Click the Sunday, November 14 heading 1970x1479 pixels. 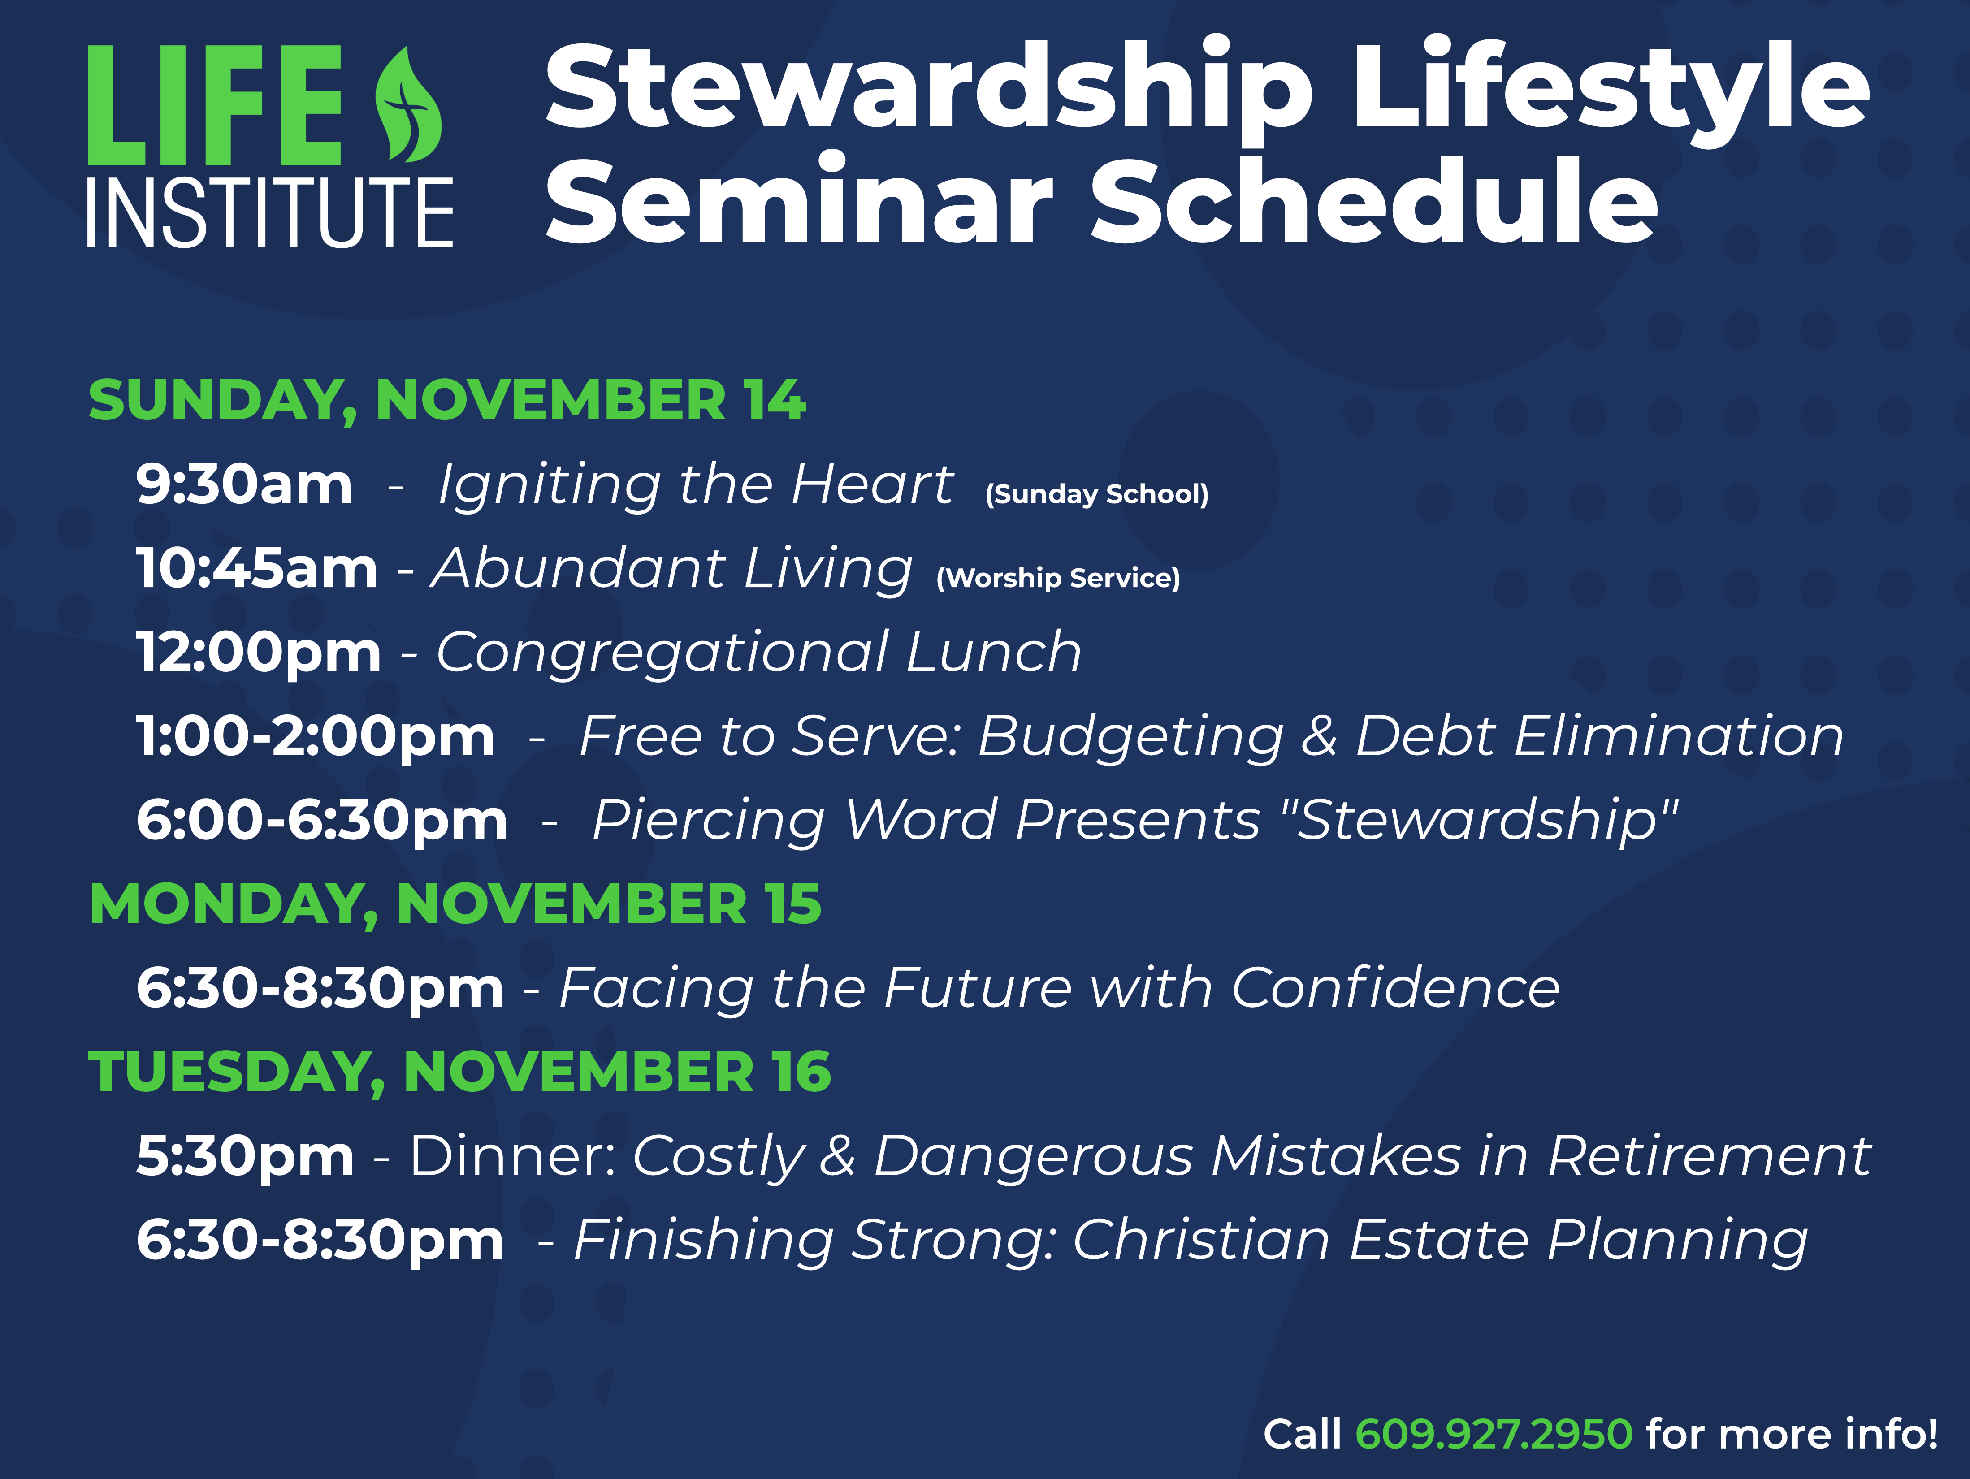pos(447,401)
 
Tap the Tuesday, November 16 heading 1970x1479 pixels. pos(459,1072)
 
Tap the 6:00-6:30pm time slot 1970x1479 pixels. pos(321,821)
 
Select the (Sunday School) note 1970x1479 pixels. pos(1096,494)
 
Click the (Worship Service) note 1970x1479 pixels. pos(1058,578)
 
